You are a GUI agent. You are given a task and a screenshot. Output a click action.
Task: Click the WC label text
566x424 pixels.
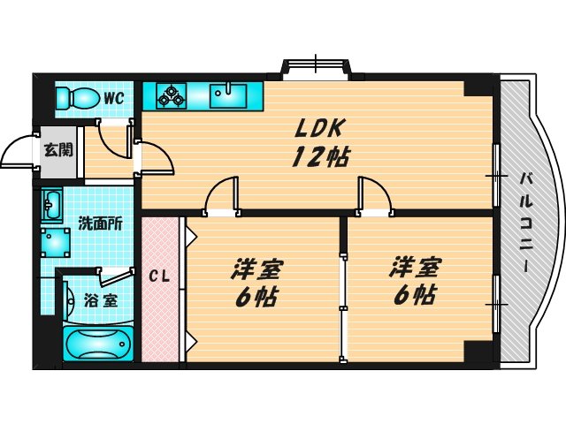tap(112, 97)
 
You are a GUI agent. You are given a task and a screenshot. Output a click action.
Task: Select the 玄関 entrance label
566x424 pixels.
tap(59, 149)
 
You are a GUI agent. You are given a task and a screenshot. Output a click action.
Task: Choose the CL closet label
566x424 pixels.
tap(158, 276)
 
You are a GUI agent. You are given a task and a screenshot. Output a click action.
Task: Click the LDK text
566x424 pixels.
tap(317, 128)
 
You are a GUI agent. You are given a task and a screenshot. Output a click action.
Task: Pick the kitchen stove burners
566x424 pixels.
tap(171, 95)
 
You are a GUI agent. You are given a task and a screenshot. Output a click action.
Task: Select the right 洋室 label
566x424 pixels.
tap(415, 266)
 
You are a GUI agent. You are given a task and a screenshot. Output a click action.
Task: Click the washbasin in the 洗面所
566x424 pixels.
tap(52, 205)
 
